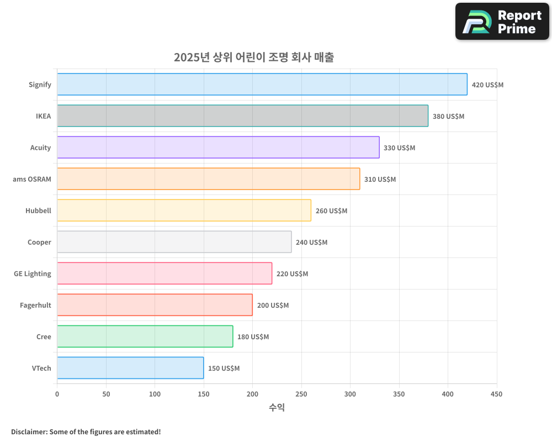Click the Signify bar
coord(262,85)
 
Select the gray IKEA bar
coord(243,116)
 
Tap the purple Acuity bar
coord(218,148)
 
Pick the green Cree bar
coord(145,336)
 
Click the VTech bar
coord(130,368)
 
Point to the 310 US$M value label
coord(380,180)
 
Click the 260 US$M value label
coord(331,211)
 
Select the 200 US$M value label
coord(273,306)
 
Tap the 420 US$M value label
coord(487,85)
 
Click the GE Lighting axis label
coord(33,273)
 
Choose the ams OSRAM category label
coord(32,179)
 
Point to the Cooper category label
coord(39,242)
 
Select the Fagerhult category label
coord(35,305)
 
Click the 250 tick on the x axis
coord(301,394)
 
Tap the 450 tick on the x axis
coord(497,394)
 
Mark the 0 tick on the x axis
coord(57,394)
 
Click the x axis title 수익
coord(277,408)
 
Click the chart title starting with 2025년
coord(254,57)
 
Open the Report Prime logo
coord(502,22)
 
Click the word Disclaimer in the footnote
coord(28,432)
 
